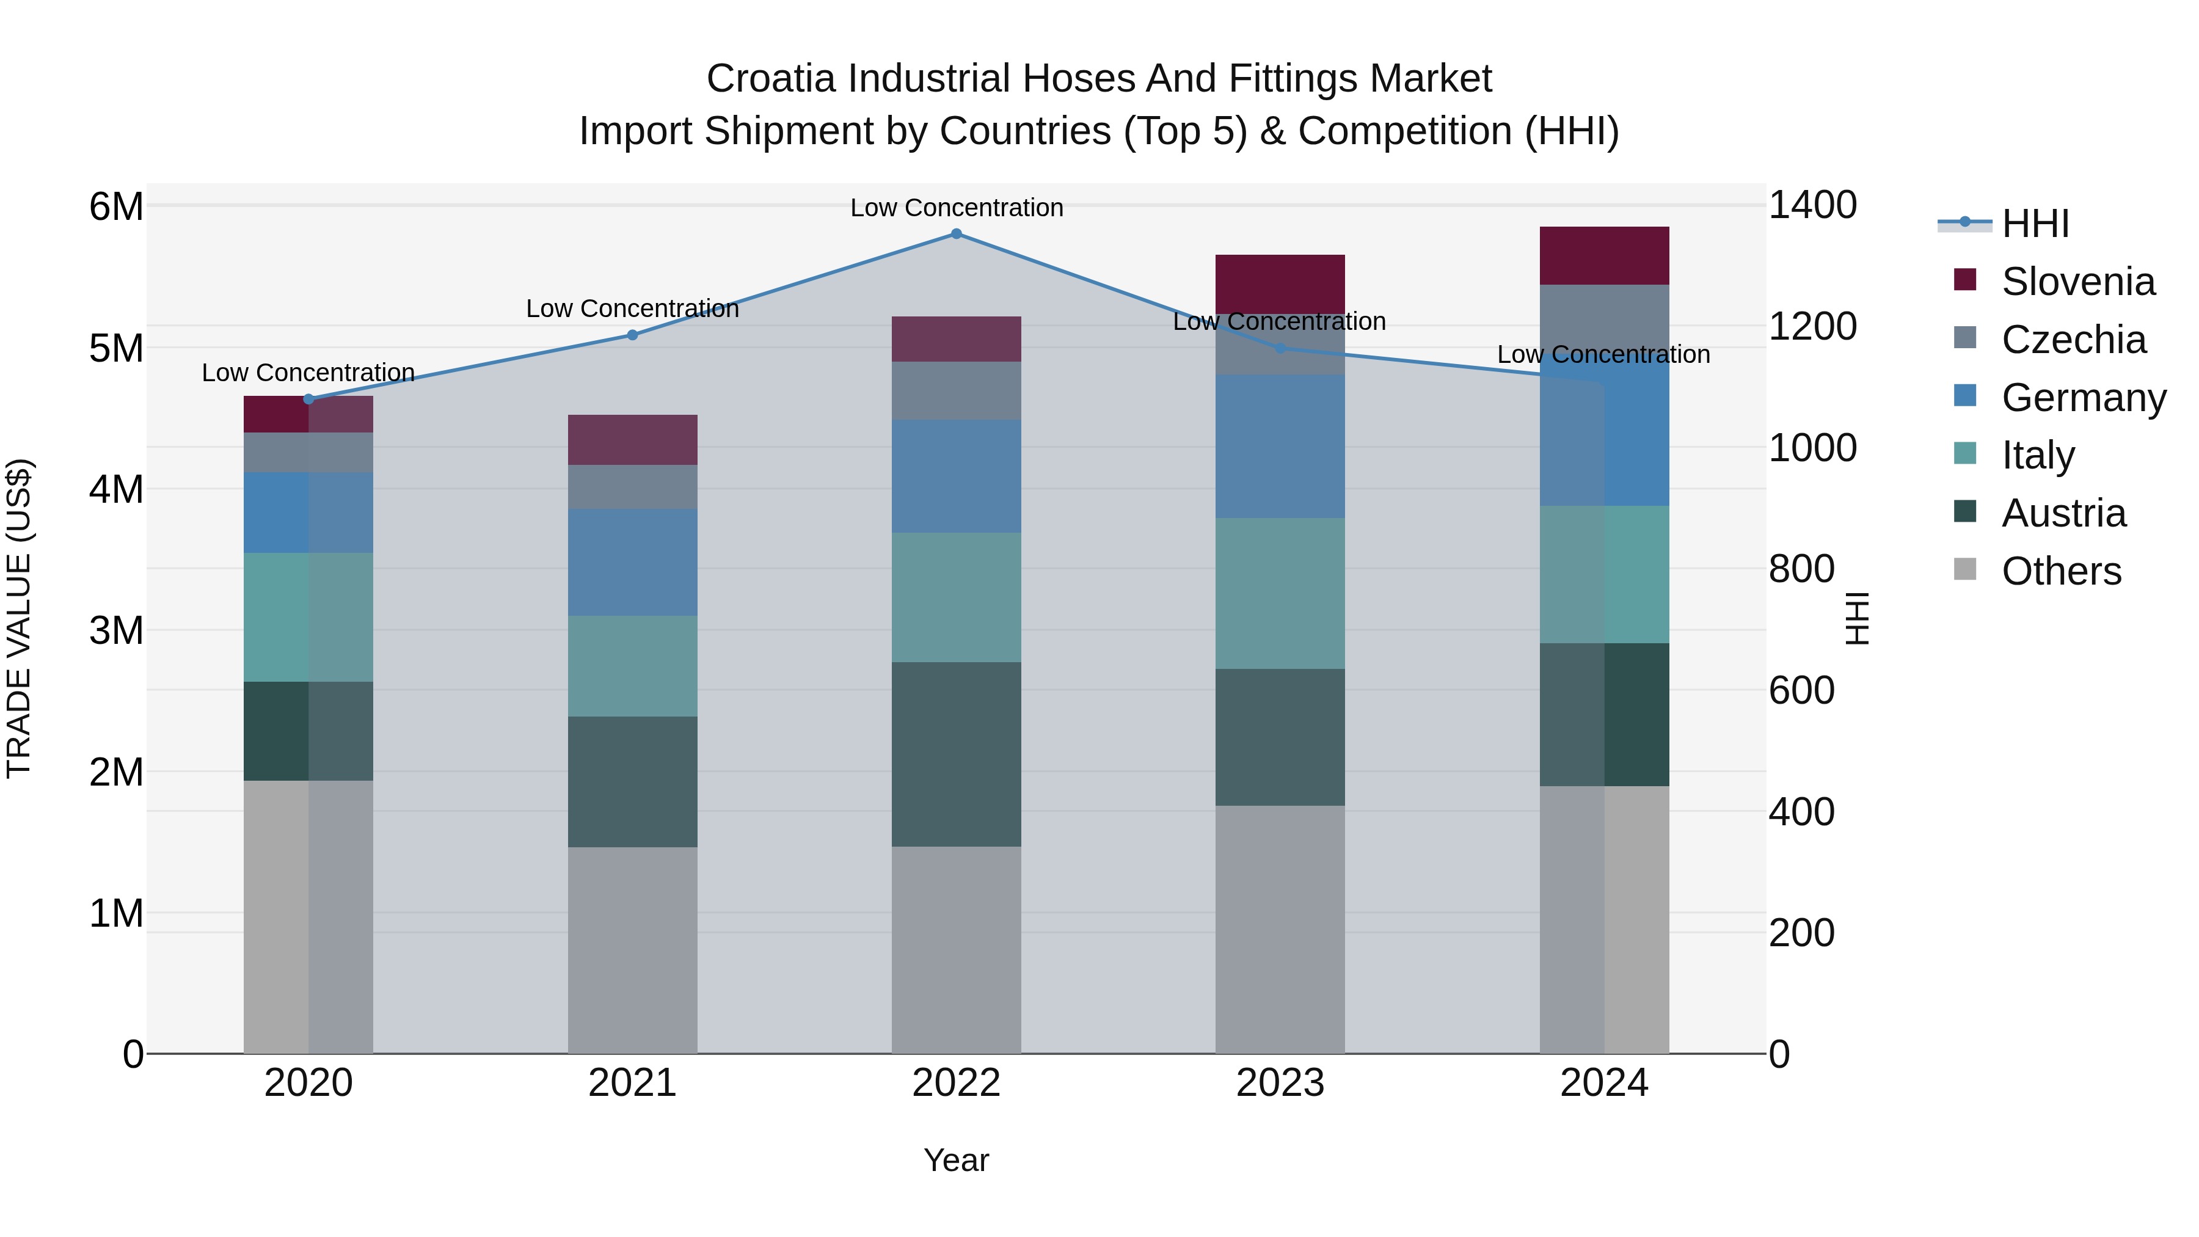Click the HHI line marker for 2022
(x=956, y=234)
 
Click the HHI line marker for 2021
(x=633, y=335)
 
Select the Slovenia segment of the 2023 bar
(x=1280, y=283)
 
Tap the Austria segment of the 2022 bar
(x=956, y=754)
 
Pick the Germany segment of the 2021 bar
(x=633, y=562)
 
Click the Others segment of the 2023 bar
(x=1280, y=929)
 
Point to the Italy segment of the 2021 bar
(x=633, y=666)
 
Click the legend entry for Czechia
(x=2073, y=340)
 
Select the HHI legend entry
(x=2034, y=224)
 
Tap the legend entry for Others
(x=2061, y=571)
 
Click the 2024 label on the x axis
(x=1603, y=1083)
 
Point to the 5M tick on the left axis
(x=116, y=348)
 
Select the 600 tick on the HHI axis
(x=1801, y=691)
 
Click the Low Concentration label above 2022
(x=956, y=208)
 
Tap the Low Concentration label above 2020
(x=308, y=373)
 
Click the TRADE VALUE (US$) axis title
(x=20, y=618)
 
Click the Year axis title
(x=956, y=1160)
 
